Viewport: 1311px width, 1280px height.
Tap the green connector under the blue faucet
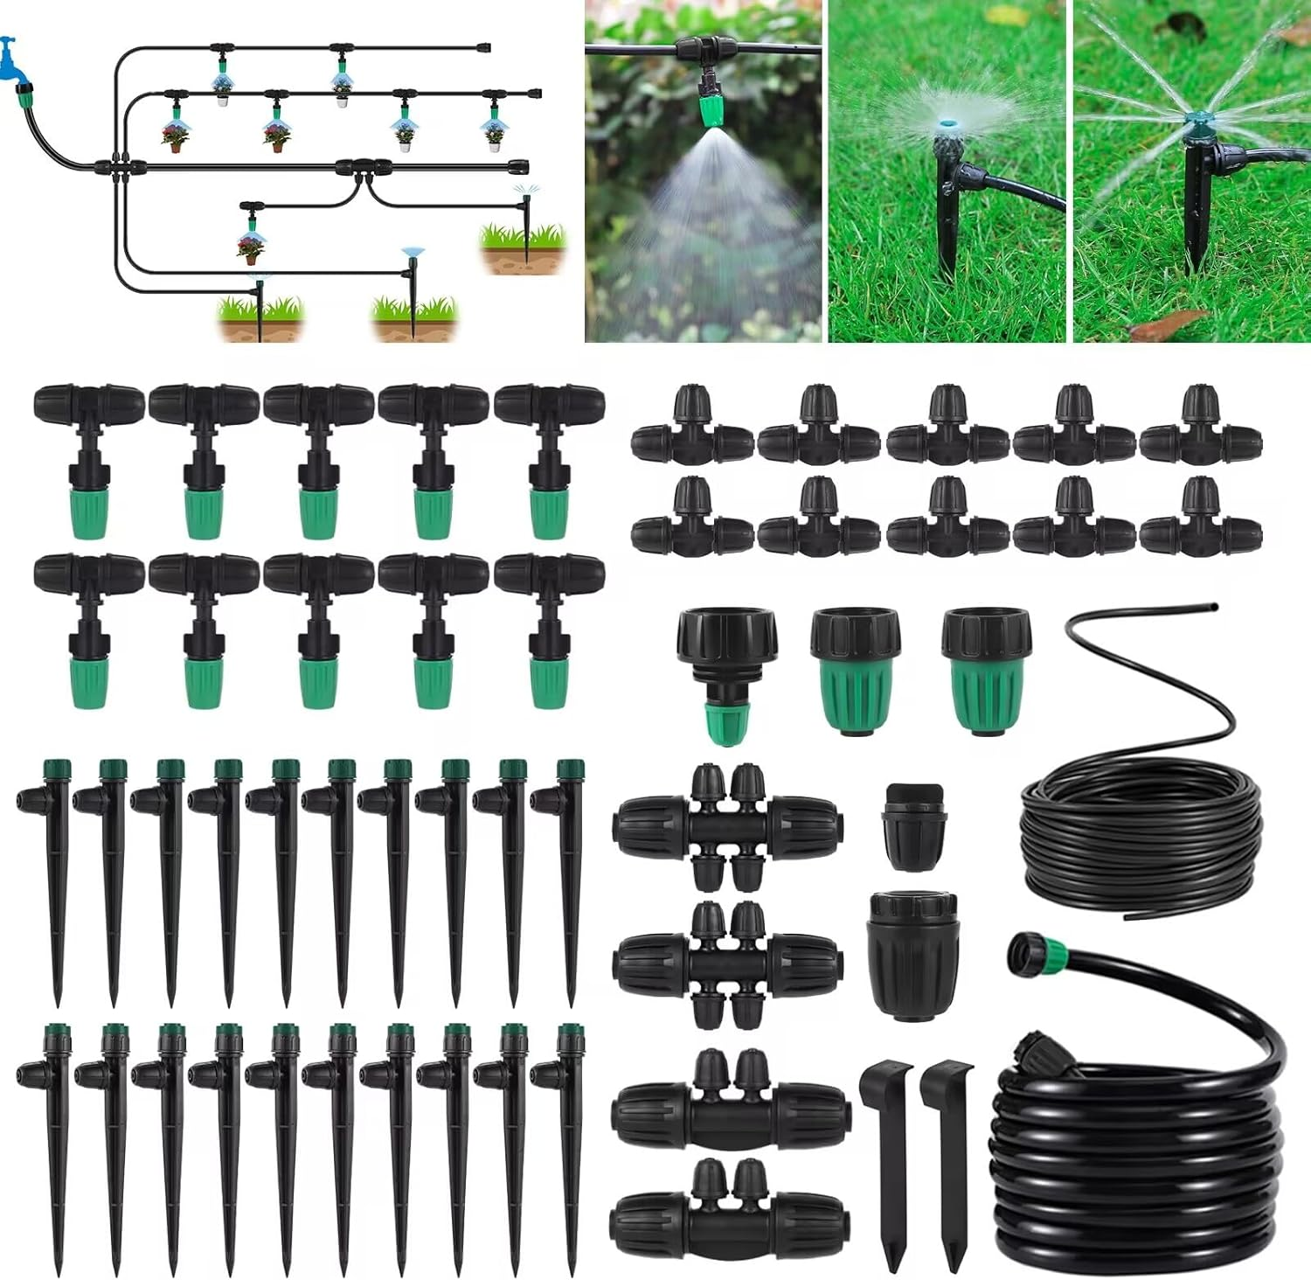coord(25,89)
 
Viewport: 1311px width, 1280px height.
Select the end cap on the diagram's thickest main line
coord(518,163)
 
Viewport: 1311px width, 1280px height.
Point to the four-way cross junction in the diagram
coord(117,164)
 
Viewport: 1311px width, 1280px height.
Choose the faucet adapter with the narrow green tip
coord(718,673)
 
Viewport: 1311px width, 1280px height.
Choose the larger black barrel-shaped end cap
coord(913,953)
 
